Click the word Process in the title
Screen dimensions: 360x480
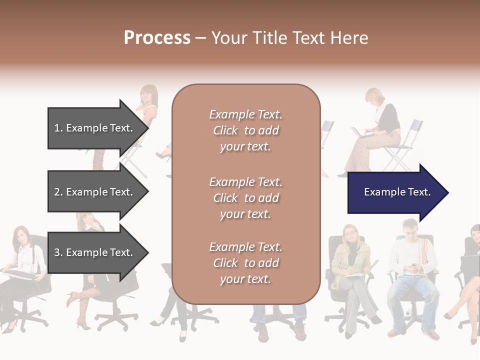(157, 38)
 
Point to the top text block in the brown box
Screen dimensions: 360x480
(245, 130)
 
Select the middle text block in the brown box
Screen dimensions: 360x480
(245, 197)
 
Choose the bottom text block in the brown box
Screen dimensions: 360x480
(245, 262)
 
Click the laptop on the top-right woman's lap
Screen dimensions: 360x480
(361, 133)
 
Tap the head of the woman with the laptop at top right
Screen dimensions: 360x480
(374, 96)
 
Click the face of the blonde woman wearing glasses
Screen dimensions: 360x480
(350, 234)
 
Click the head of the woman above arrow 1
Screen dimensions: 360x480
(148, 94)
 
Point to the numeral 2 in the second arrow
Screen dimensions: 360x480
(57, 192)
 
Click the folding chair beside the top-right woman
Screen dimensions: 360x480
(405, 145)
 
